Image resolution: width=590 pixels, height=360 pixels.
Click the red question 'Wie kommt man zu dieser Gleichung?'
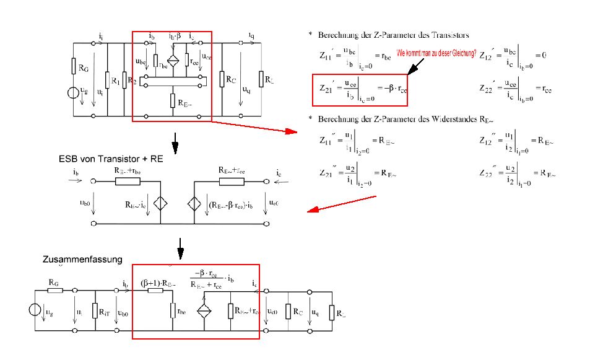click(x=436, y=54)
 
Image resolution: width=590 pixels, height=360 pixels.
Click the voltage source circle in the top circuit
click(x=74, y=94)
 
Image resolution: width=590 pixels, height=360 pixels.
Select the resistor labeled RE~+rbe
click(x=128, y=182)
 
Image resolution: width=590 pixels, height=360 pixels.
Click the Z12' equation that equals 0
click(x=512, y=56)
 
